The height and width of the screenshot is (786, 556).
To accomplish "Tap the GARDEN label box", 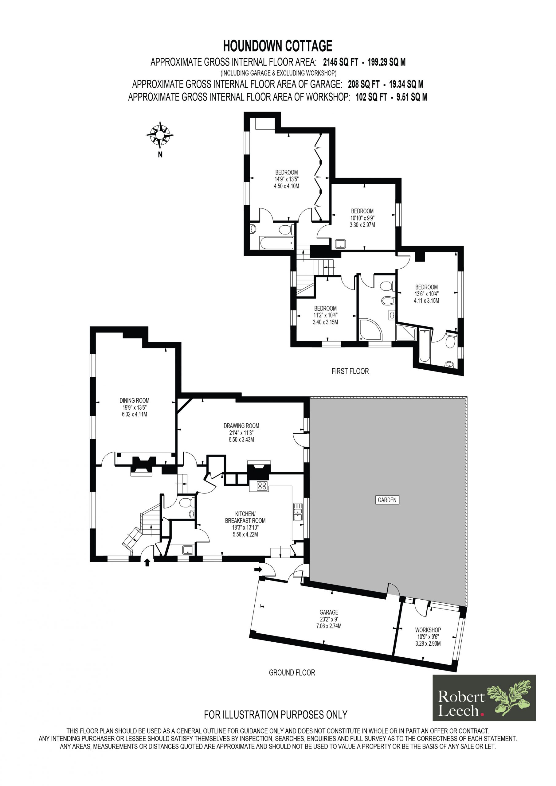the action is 387,500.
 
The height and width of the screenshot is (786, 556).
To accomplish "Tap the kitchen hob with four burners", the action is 262,486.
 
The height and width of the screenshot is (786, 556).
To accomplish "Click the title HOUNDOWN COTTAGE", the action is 278,45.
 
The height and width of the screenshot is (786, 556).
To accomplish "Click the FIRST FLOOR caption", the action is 350,371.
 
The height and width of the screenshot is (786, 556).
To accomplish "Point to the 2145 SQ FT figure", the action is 341,62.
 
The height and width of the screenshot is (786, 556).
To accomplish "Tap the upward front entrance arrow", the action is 147,562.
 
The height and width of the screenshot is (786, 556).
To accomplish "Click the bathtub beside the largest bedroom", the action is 277,243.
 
